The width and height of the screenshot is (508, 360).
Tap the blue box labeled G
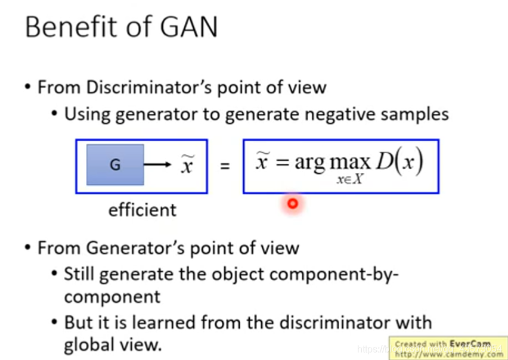[115, 165]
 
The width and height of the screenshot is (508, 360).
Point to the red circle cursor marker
[292, 204]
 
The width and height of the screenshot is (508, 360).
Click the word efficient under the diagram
[143, 210]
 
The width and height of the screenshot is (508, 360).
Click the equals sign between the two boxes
[225, 166]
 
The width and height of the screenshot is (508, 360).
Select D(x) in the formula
[398, 161]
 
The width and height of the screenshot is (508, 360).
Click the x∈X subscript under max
[350, 180]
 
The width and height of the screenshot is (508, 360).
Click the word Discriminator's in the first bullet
[148, 87]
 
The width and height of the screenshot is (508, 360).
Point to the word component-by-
[334, 274]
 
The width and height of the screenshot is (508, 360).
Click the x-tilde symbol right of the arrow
[187, 165]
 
